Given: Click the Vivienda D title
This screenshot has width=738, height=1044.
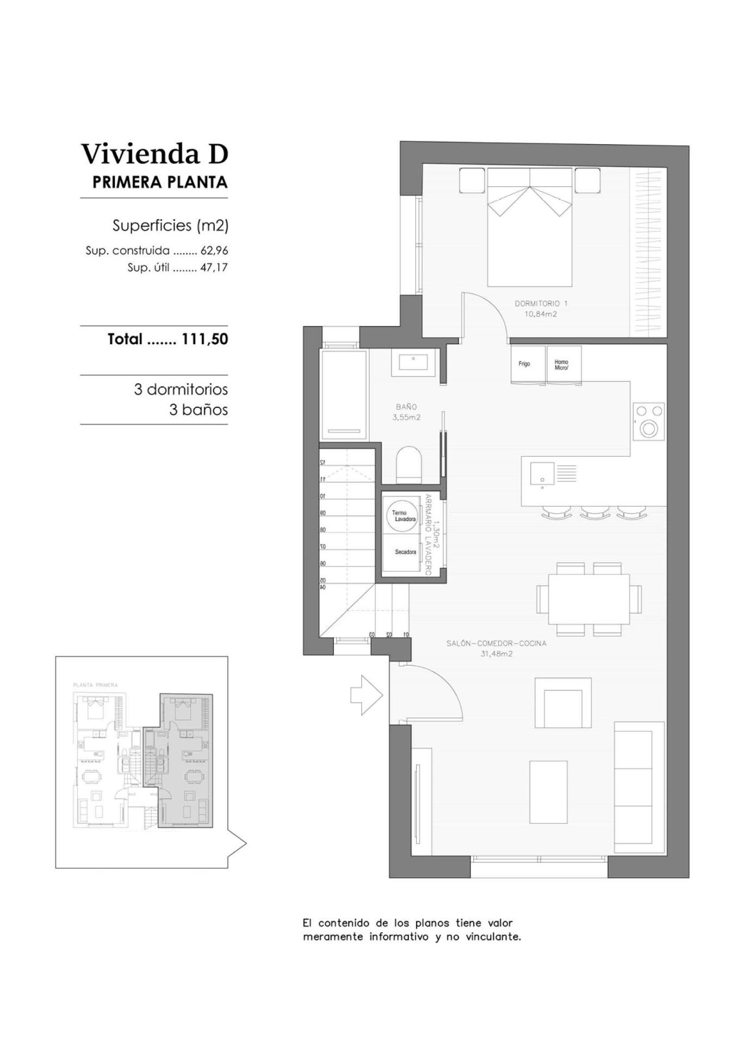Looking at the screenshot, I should pyautogui.click(x=154, y=154).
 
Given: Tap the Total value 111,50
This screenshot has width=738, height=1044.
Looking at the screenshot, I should pyautogui.click(x=204, y=339).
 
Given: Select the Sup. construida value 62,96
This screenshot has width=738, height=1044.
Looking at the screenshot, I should pyautogui.click(x=214, y=251).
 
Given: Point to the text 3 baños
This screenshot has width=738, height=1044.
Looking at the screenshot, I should pyautogui.click(x=198, y=409).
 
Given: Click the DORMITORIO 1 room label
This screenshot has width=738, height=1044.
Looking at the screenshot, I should pyautogui.click(x=541, y=303).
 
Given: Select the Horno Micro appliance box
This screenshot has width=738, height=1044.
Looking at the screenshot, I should pyautogui.click(x=563, y=364).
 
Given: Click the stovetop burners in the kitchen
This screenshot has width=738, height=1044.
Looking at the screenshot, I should pyautogui.click(x=649, y=421).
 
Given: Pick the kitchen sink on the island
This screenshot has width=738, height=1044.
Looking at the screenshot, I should pyautogui.click(x=542, y=473).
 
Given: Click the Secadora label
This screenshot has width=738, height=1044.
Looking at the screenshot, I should pyautogui.click(x=405, y=552).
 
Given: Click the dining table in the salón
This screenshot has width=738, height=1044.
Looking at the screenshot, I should pyautogui.click(x=588, y=599).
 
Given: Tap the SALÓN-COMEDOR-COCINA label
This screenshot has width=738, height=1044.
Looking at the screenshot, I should pyautogui.click(x=496, y=643).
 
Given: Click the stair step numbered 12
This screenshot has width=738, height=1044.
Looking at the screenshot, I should pyautogui.click(x=323, y=462).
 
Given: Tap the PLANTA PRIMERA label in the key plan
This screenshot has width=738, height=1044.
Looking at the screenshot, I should pyautogui.click(x=95, y=685).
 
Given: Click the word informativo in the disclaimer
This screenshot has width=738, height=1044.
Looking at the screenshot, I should pyautogui.click(x=399, y=937).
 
